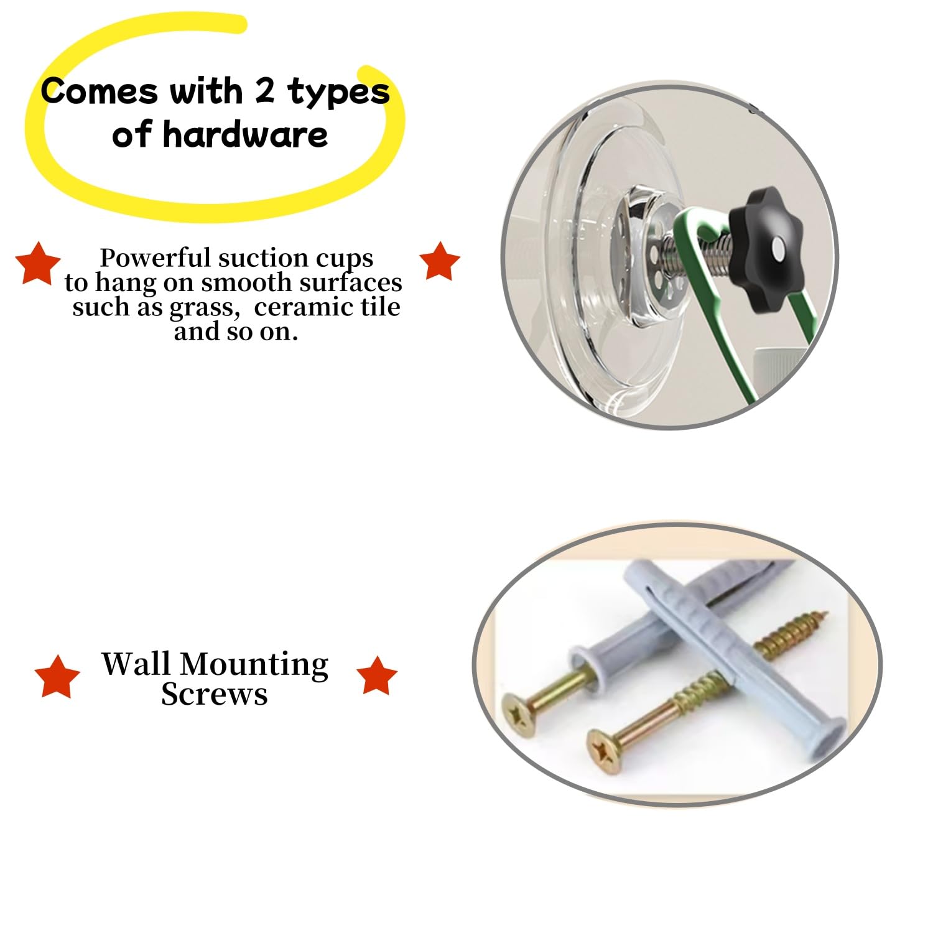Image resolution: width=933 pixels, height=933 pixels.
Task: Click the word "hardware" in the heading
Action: pos(245,134)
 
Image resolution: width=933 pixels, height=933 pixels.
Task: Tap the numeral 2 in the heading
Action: pos(264,91)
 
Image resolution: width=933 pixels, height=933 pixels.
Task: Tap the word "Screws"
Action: pos(215,694)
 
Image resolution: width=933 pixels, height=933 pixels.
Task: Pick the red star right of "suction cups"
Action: pos(440,261)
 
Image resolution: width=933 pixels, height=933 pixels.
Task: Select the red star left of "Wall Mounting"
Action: pos(57,675)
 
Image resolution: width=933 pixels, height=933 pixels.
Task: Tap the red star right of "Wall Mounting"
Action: pos(376,675)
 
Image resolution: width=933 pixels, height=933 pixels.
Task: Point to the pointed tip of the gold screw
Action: pos(827,616)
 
